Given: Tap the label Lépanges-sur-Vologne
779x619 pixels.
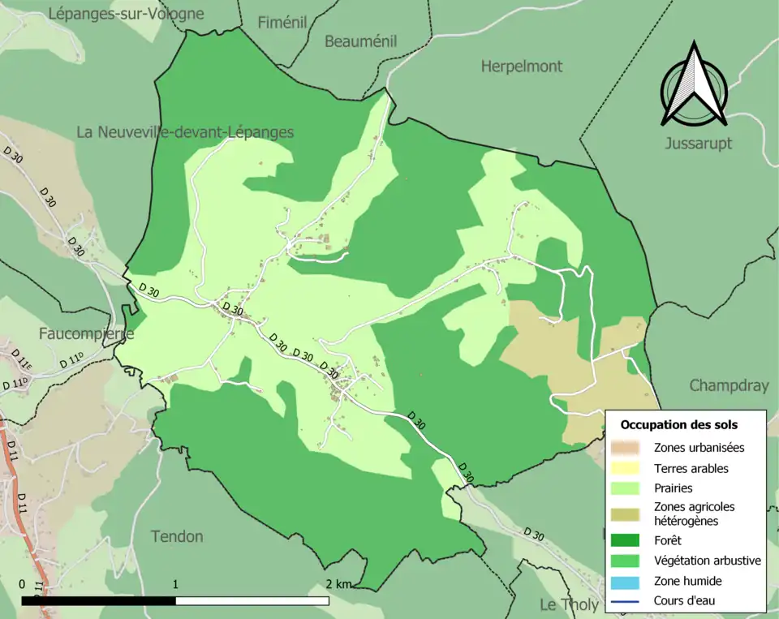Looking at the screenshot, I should pos(126,14).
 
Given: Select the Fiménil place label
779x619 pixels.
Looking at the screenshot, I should pos(282,23).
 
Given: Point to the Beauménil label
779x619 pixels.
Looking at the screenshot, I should pos(360,41).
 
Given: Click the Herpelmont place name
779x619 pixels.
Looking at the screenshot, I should pos(521,67).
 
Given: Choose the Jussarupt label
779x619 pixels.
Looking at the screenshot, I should pos(698,144).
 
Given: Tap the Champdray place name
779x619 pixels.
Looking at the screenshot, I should pos(728,386).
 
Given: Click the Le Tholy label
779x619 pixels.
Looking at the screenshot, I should pos(569,604).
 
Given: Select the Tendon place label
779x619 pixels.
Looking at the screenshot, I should pos(177,536).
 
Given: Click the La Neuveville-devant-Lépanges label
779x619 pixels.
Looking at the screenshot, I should pos(185,132).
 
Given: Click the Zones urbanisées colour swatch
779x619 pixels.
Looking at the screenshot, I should pos(626,447).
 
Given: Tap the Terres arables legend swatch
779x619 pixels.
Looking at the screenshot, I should pos(626,468).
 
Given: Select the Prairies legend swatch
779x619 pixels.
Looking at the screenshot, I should pos(626,488).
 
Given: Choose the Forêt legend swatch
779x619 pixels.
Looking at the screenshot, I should pos(626,539).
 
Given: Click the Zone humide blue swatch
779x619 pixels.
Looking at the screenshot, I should pos(626,581).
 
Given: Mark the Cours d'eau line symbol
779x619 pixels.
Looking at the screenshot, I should pos(626,601).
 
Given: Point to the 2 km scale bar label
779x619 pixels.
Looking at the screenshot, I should pos(338,584).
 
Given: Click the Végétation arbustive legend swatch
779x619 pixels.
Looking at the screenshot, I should pos(626,561).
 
